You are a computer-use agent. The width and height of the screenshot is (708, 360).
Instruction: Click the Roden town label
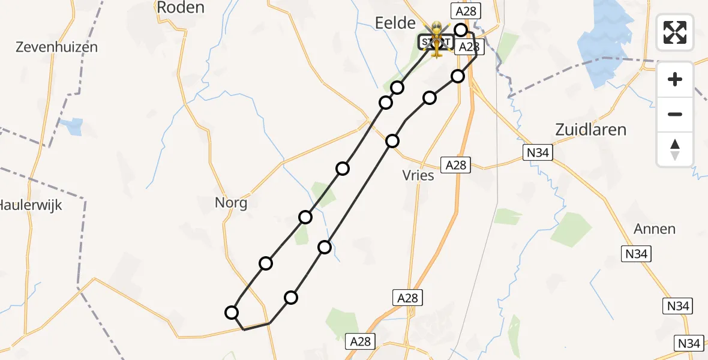tap(180, 7)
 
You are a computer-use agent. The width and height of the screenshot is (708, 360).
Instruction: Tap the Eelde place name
tap(395, 23)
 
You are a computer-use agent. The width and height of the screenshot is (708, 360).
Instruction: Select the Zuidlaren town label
tap(590, 130)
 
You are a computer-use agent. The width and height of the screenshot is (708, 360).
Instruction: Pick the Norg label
tap(231, 203)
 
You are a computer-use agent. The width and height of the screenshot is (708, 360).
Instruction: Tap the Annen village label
tap(655, 229)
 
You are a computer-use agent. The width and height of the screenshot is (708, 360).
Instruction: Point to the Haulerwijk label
tap(30, 205)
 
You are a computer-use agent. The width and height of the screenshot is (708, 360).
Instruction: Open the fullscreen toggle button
tap(675, 32)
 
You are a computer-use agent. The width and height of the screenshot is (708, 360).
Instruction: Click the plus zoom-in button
tap(675, 79)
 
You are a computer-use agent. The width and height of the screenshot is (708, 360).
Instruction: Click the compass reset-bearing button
tap(675, 149)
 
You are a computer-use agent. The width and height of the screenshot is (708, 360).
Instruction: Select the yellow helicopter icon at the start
tap(436, 39)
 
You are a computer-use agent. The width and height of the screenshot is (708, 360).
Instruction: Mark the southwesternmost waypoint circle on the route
tap(232, 312)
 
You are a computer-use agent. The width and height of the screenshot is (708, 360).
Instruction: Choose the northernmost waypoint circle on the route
tap(461, 30)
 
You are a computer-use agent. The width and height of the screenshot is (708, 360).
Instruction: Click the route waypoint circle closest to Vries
tap(392, 141)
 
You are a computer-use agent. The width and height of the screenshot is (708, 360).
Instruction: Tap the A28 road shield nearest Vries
tap(456, 165)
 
